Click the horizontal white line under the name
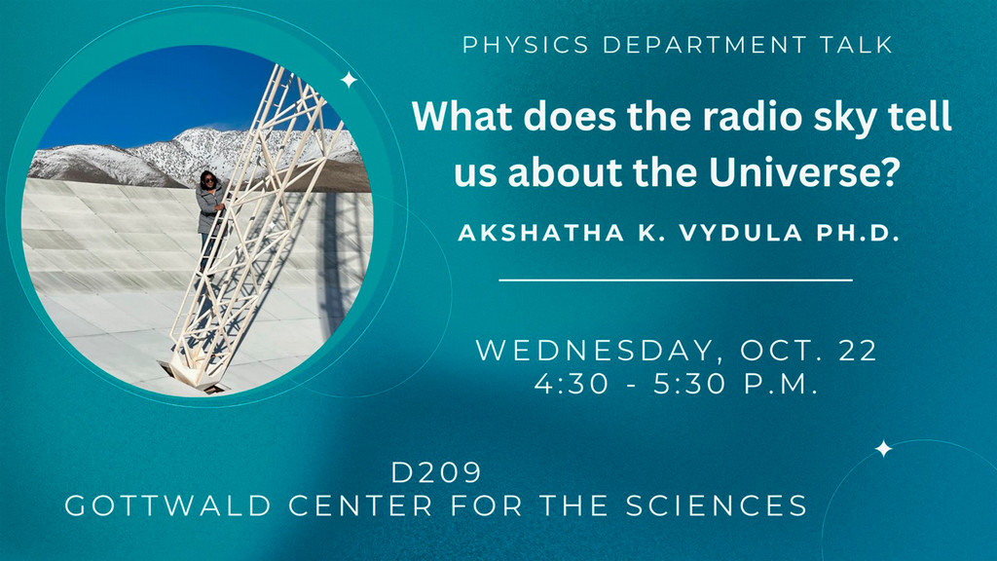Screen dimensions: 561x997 pos(676,280)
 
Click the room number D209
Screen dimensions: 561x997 pos(435,474)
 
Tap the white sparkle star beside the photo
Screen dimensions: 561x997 pos(349,81)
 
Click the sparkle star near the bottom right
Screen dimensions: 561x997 pos(883,449)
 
